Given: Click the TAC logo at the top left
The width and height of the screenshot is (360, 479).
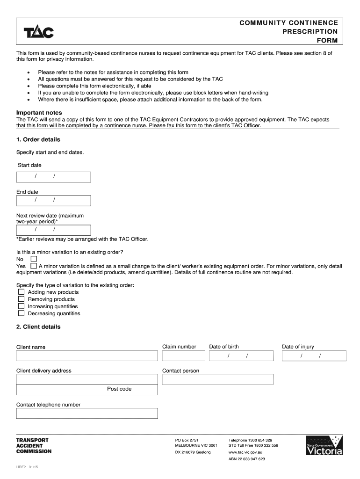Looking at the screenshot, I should click(x=39, y=32).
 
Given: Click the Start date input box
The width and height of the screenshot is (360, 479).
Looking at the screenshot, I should click(x=54, y=176).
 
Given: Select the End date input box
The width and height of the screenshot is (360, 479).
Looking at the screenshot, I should click(x=54, y=200).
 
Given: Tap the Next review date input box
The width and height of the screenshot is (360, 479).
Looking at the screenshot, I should click(x=54, y=230).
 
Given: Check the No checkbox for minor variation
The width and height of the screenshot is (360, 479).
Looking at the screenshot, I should click(x=34, y=259).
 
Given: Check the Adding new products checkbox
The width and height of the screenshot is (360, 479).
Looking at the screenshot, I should click(x=22, y=292).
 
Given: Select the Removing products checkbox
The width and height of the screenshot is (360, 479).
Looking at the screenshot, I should click(x=22, y=299).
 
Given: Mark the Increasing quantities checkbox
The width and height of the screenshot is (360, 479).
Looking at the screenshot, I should click(x=22, y=306).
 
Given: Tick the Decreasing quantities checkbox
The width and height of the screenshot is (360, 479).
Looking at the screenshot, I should click(x=22, y=313).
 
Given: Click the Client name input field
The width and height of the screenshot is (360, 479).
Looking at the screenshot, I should click(x=87, y=356).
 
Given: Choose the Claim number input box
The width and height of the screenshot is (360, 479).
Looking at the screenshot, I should click(x=184, y=356).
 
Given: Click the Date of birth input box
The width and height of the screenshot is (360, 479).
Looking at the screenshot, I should click(x=241, y=356).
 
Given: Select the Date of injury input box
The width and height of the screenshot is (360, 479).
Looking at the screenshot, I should click(x=314, y=356).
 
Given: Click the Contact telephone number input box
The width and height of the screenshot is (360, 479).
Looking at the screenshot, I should click(x=87, y=413).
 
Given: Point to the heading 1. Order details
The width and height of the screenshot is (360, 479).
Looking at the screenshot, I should click(x=38, y=139).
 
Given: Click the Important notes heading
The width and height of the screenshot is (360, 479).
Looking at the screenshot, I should click(x=39, y=113).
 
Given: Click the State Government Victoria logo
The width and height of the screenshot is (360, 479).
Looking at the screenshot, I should click(x=324, y=445).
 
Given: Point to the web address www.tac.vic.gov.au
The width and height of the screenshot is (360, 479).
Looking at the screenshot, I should click(x=245, y=452).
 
